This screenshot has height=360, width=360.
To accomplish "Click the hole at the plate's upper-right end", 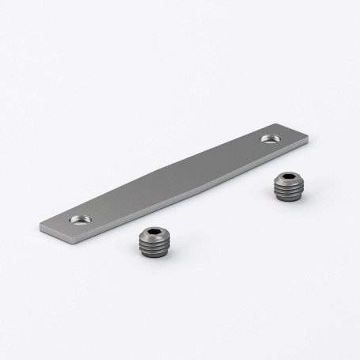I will point(270,139).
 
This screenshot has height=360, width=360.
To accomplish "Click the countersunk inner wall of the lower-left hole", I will point(74,217).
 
